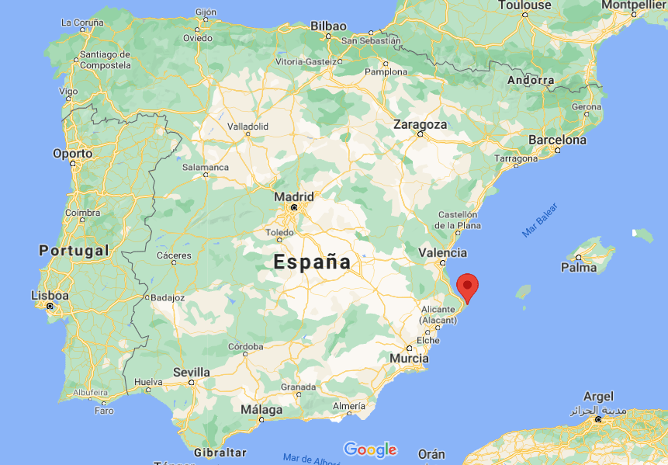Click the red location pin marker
click(x=467, y=286)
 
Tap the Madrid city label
click(x=294, y=197)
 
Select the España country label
click(x=312, y=262)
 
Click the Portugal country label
click(x=74, y=251)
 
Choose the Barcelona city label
click(x=557, y=141)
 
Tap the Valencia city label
click(x=442, y=252)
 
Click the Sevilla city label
click(x=192, y=373)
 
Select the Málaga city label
click(x=261, y=409)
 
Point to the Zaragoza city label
click(x=420, y=124)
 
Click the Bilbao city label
click(x=328, y=26)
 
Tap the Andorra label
click(x=531, y=80)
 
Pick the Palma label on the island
click(x=580, y=268)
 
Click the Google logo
click(x=370, y=449)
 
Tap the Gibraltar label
click(x=220, y=452)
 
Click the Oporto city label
click(x=72, y=154)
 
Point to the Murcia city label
click(x=410, y=359)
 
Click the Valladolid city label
click(x=247, y=126)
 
